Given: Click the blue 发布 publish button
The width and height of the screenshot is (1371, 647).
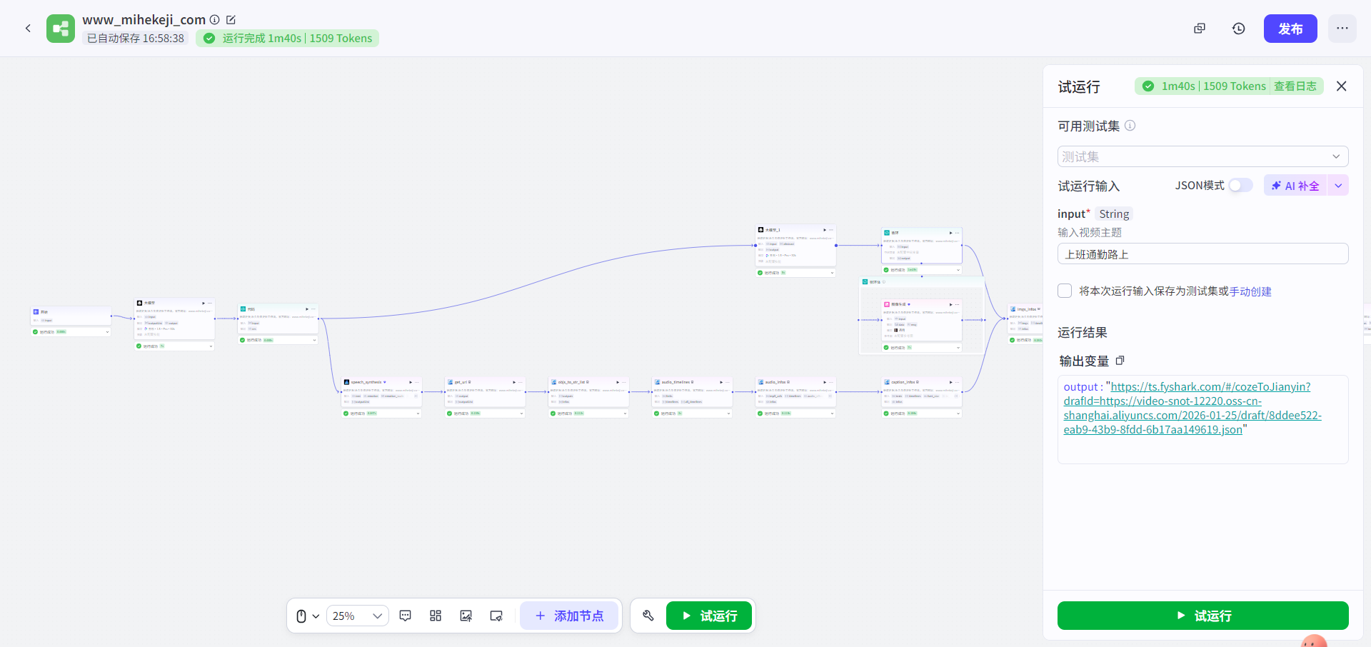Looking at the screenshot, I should click(1290, 29).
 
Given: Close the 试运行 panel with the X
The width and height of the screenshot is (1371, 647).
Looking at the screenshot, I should click(1341, 86).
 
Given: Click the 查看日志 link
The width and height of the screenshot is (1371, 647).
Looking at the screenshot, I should click(1295, 86).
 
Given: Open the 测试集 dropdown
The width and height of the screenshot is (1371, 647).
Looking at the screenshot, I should click(1202, 156).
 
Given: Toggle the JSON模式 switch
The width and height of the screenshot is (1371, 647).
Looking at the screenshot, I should click(1240, 186).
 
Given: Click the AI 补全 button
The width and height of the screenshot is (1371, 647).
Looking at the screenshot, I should click(1295, 186).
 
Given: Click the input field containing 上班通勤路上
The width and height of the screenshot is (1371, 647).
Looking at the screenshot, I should click(1202, 254).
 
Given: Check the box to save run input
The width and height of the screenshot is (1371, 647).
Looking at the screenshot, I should click(1065, 291).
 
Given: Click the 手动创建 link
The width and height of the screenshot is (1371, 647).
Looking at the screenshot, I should click(1250, 291).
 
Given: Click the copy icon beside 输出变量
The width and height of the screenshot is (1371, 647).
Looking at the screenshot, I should click(1120, 361).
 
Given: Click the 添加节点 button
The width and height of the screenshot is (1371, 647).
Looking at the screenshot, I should click(569, 616).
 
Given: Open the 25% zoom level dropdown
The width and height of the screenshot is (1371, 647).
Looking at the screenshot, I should click(358, 616).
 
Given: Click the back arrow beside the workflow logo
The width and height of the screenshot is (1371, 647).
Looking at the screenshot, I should click(28, 29).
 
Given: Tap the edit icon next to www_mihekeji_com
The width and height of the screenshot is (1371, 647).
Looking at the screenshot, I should click(231, 20).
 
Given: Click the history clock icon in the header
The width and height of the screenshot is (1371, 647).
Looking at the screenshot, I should click(1238, 29).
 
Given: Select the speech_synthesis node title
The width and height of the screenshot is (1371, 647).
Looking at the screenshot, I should click(366, 382).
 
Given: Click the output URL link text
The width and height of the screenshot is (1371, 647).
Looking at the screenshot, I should click(1192, 408).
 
